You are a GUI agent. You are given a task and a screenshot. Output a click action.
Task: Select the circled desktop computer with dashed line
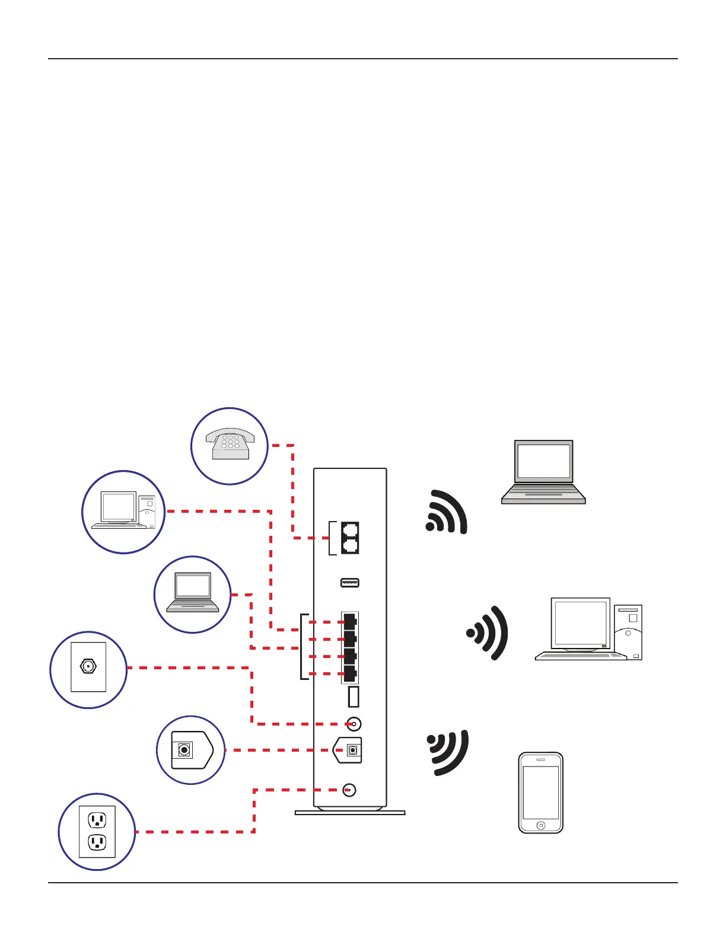(x=123, y=512)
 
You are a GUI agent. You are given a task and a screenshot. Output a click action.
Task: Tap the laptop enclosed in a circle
(x=192, y=593)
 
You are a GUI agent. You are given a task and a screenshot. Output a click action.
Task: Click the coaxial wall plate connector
(x=88, y=666)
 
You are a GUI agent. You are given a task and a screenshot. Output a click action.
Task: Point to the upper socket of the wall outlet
(x=97, y=820)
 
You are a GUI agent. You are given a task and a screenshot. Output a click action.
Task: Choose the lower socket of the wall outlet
(x=97, y=842)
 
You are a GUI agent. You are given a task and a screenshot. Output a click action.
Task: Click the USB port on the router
(x=350, y=583)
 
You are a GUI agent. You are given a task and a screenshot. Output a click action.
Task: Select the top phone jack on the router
(x=351, y=530)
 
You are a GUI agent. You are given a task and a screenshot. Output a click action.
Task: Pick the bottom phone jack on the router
(x=351, y=546)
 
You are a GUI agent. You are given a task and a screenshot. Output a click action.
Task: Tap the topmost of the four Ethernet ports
(x=350, y=622)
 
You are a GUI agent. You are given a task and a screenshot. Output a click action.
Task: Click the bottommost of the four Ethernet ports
(x=350, y=674)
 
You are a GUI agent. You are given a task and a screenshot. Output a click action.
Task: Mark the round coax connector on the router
(x=354, y=724)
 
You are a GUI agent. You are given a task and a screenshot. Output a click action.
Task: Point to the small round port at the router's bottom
(x=349, y=790)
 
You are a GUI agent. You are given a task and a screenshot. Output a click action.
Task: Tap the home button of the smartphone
(x=540, y=825)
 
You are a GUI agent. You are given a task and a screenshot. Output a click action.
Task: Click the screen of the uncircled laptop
(x=543, y=461)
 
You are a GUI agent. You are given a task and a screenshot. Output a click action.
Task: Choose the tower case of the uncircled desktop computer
(x=628, y=632)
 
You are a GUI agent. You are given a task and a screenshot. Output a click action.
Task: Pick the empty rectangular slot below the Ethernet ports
(x=354, y=697)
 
